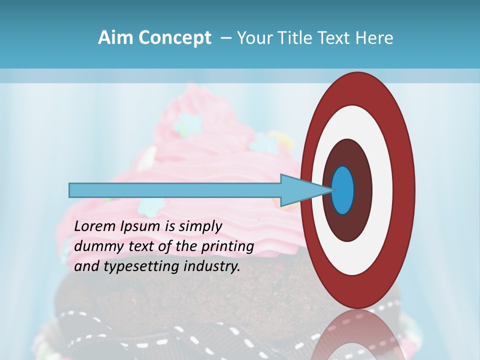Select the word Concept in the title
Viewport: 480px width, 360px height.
coord(174,38)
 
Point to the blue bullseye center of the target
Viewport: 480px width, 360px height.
coord(342,190)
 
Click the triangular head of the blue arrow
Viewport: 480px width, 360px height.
coord(300,190)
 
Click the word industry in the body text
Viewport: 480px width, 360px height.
coord(212,266)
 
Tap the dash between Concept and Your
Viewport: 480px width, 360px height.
coord(225,38)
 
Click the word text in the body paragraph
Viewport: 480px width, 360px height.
coord(144,246)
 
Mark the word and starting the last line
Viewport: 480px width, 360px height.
coord(85,266)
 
